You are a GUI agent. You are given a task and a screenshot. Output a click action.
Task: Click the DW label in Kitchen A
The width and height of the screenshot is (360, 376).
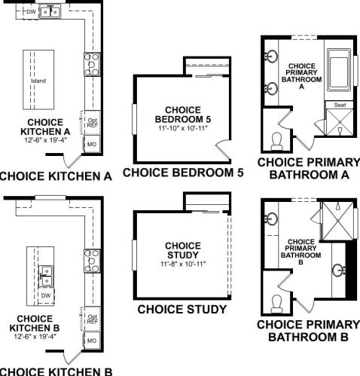(x=31, y=11)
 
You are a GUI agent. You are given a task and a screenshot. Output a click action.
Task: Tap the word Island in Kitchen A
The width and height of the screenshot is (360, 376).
(x=38, y=81)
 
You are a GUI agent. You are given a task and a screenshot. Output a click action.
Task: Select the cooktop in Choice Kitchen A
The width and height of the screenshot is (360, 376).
(x=92, y=65)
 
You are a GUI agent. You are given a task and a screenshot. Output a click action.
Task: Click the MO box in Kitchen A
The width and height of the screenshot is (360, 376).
(x=92, y=144)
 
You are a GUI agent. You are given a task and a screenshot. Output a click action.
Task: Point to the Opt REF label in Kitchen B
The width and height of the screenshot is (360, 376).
(x=93, y=319)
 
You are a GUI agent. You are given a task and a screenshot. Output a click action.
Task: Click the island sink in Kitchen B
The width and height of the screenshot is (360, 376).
(x=46, y=276)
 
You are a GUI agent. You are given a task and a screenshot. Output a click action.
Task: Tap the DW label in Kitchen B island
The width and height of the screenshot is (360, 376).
(x=46, y=295)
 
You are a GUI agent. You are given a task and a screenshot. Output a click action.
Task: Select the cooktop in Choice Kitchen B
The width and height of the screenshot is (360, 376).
(x=92, y=261)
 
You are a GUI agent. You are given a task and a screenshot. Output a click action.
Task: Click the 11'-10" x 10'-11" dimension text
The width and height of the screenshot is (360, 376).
(x=183, y=128)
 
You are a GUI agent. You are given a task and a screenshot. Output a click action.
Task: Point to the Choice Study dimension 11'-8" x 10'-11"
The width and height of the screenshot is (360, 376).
(x=183, y=264)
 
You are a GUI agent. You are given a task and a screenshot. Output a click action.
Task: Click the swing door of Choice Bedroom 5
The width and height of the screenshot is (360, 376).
(x=224, y=149)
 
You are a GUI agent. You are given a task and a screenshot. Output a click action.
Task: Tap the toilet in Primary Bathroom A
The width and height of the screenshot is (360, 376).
(x=277, y=141)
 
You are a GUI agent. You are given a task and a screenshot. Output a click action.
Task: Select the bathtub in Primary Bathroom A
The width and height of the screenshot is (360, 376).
(x=339, y=70)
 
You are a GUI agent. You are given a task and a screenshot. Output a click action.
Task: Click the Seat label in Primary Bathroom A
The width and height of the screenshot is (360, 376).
(x=340, y=105)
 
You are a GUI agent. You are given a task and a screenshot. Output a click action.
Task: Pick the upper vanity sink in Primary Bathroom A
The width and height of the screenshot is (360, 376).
(x=271, y=57)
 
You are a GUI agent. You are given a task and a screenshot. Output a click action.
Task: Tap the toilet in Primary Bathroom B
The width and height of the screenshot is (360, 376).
(x=277, y=304)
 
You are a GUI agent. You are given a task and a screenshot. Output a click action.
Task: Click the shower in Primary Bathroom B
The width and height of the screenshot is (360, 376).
(x=338, y=221)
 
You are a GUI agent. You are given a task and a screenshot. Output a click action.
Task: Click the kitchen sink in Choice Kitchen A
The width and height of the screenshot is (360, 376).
(x=50, y=11)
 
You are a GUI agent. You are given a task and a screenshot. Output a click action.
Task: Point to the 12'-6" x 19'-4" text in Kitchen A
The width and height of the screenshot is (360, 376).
(x=45, y=139)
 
